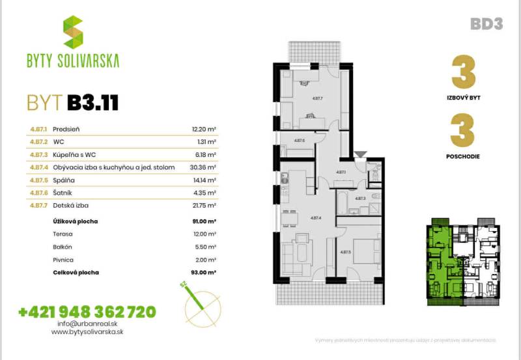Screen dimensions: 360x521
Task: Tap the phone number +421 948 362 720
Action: [87, 312]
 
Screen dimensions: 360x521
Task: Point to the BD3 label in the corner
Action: [486, 24]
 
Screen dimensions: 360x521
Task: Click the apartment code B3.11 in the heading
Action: [92, 102]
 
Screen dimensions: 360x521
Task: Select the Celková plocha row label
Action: [75, 271]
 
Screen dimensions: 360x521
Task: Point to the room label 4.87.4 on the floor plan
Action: [317, 218]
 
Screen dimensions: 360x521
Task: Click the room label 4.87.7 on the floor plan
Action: [318, 98]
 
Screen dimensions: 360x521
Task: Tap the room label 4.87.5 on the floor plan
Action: [346, 252]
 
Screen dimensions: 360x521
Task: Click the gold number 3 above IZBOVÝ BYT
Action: [463, 73]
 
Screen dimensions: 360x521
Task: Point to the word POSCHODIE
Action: [464, 156]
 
